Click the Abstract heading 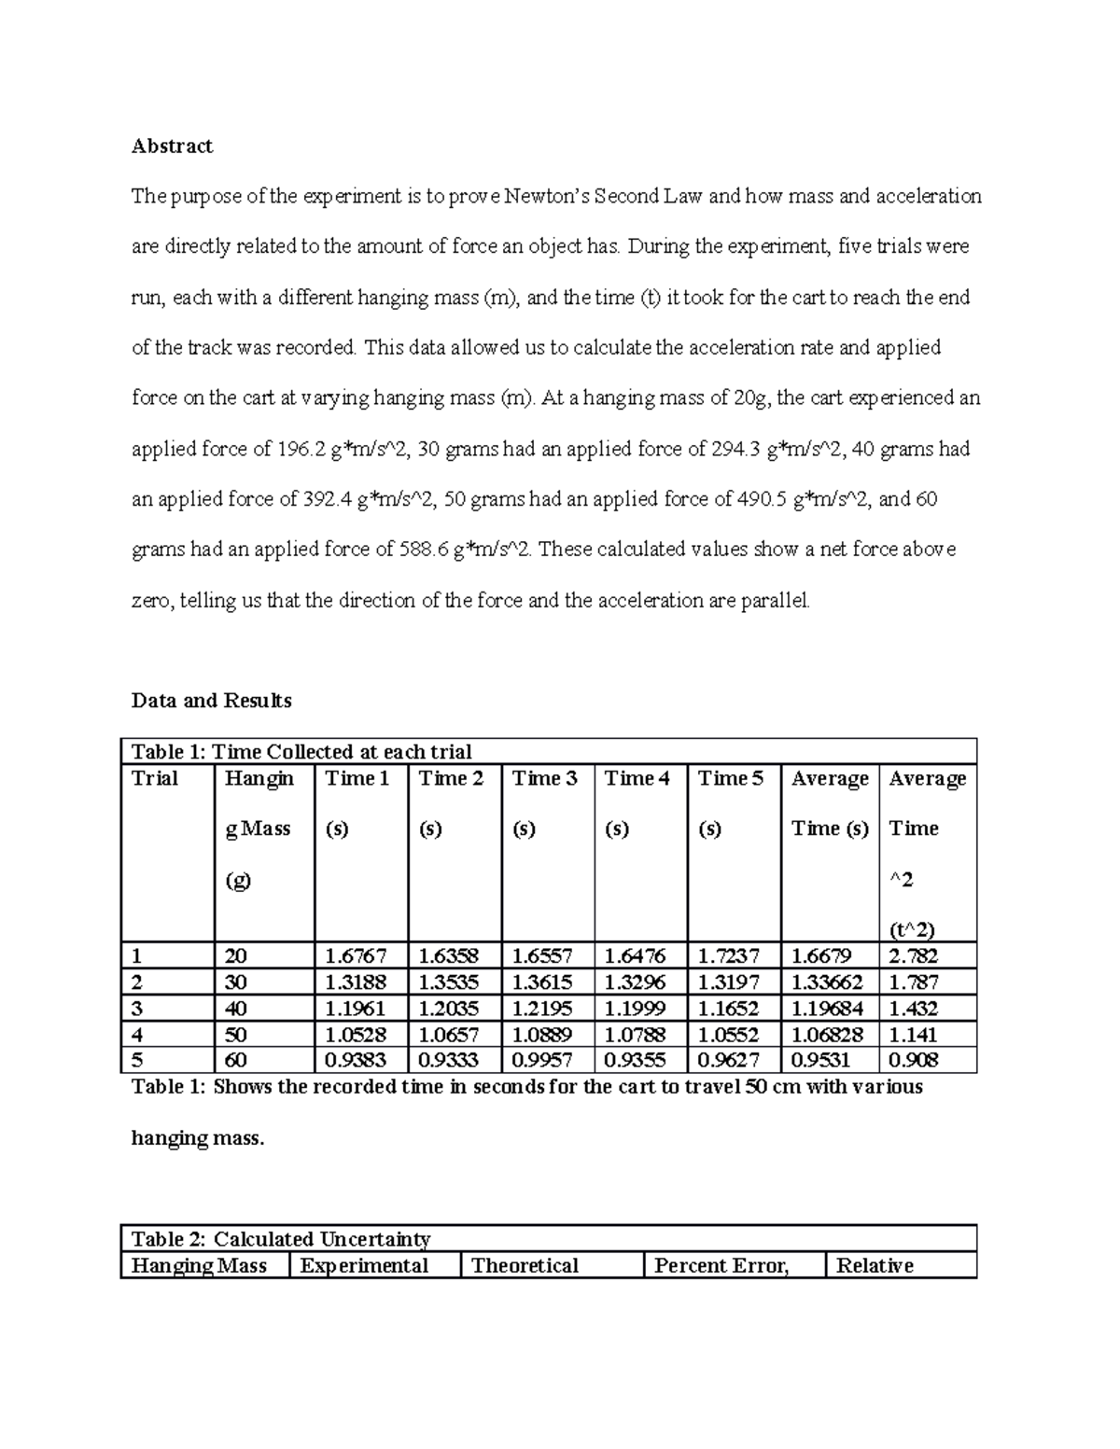pyautogui.click(x=172, y=146)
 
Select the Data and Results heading pyautogui.click(x=211, y=701)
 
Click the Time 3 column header pyautogui.click(x=545, y=778)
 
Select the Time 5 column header pyautogui.click(x=731, y=778)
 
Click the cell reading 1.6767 pyautogui.click(x=356, y=955)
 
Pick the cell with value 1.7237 pyautogui.click(x=729, y=955)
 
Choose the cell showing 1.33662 pyautogui.click(x=827, y=982)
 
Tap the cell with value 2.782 pyautogui.click(x=914, y=955)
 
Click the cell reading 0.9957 pyautogui.click(x=543, y=1060)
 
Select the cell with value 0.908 pyautogui.click(x=914, y=1060)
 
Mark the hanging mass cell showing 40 pyautogui.click(x=236, y=1008)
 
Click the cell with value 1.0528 pyautogui.click(x=356, y=1034)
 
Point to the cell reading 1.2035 pyautogui.click(x=449, y=1008)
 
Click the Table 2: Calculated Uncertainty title pyautogui.click(x=281, y=1239)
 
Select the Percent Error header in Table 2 pyautogui.click(x=721, y=1265)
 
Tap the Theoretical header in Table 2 pyautogui.click(x=525, y=1265)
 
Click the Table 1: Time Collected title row pyautogui.click(x=301, y=752)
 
